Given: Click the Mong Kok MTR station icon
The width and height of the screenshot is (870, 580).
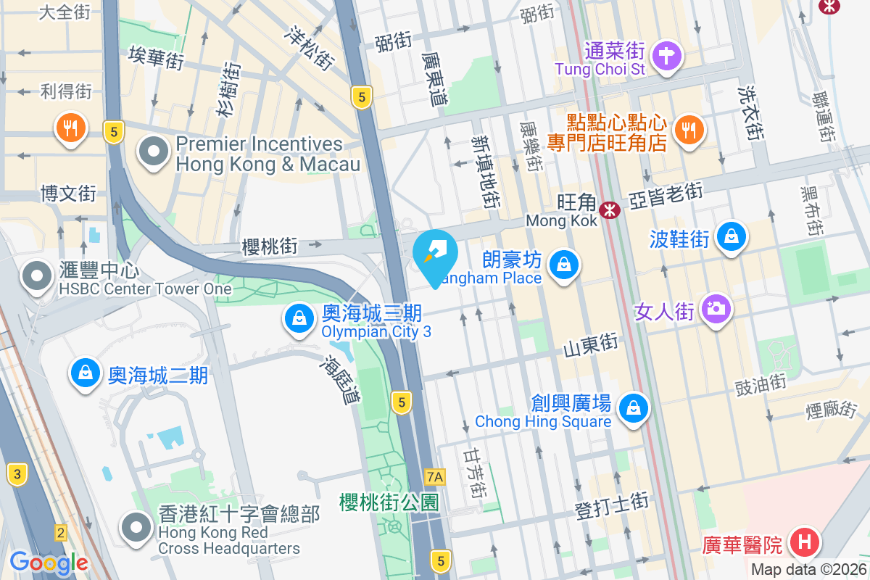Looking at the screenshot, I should [x=609, y=210].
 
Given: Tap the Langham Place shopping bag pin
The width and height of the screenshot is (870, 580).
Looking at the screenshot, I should [x=563, y=265].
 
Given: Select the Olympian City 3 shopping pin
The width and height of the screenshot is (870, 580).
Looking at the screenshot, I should [x=298, y=319].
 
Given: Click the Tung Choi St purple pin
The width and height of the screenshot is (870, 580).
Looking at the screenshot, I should [x=666, y=57].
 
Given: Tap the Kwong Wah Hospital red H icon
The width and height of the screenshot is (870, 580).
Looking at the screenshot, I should [x=804, y=542].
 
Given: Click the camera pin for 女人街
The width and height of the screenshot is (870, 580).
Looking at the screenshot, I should [x=716, y=310].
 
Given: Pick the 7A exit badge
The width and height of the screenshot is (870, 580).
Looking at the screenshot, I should [x=435, y=476].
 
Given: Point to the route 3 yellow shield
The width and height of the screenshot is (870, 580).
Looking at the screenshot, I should [x=17, y=476].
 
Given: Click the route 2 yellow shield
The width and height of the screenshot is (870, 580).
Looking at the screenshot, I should [x=61, y=534].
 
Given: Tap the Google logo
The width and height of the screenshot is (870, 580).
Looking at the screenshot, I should [x=49, y=562].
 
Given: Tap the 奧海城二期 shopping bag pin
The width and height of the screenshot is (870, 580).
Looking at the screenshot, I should [x=86, y=373].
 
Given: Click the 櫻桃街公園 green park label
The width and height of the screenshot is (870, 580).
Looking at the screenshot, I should [x=389, y=502].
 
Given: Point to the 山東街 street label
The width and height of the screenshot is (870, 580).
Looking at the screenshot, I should [x=592, y=343].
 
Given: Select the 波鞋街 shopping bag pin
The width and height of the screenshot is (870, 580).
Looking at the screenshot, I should [x=732, y=236].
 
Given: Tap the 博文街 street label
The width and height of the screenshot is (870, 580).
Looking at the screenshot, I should [x=68, y=194].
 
